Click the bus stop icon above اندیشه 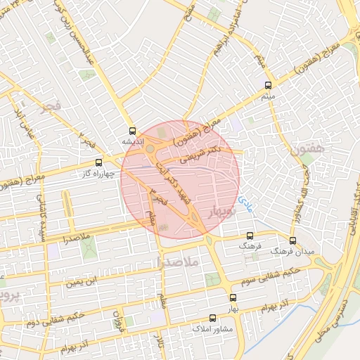click(x=132, y=131)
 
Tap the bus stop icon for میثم click(x=266, y=85)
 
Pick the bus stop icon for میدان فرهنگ click(x=292, y=240)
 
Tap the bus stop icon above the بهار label click(x=233, y=298)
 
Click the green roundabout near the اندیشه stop click(x=150, y=148)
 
